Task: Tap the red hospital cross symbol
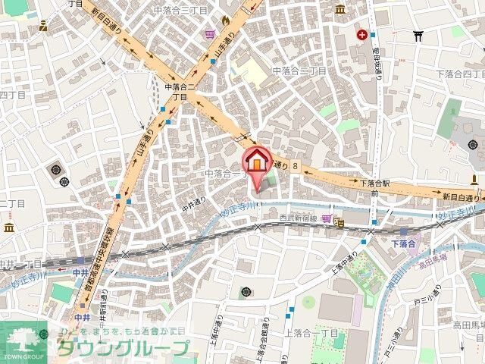(x=364, y=34)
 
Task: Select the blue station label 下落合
(x=404, y=243)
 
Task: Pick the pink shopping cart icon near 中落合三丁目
(x=210, y=33)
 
